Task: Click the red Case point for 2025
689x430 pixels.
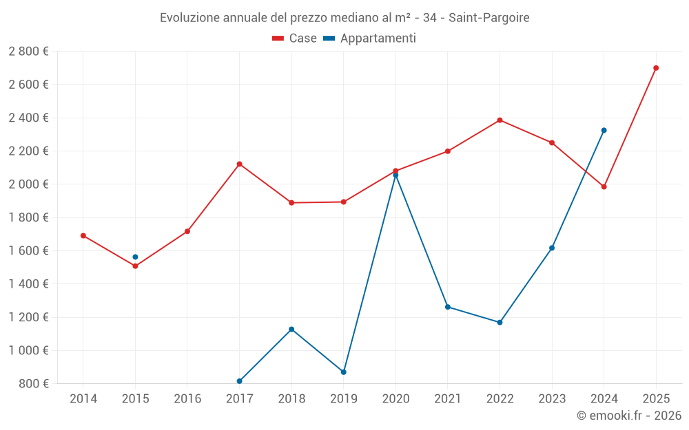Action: [x=656, y=68]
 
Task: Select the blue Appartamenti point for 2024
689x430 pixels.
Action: [x=604, y=130]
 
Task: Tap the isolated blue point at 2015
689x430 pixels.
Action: [x=135, y=257]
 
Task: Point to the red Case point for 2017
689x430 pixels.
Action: [x=239, y=164]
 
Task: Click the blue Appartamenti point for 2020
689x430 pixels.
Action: [x=395, y=175]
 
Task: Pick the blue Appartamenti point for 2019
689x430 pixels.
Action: [x=343, y=372]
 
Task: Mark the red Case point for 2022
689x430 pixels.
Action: [x=500, y=120]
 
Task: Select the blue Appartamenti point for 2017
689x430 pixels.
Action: [x=239, y=381]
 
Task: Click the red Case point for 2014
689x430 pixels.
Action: [x=83, y=235]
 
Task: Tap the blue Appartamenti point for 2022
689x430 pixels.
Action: [x=500, y=322]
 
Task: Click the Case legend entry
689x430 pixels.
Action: [x=294, y=39]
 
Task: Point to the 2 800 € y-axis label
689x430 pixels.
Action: [x=28, y=52]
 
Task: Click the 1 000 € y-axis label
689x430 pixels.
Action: [x=28, y=350]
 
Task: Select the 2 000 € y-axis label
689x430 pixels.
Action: [x=28, y=184]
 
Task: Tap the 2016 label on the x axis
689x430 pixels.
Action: [x=187, y=398]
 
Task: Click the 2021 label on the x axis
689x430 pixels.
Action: [x=448, y=398]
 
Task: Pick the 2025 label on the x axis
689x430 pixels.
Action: [x=656, y=398]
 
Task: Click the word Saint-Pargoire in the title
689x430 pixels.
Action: [x=489, y=18]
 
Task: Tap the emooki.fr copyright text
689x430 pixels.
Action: [x=629, y=416]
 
